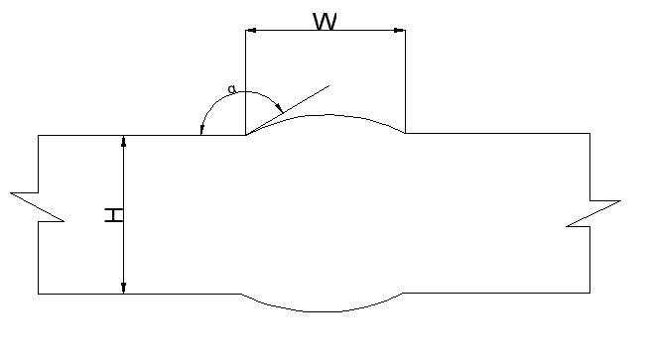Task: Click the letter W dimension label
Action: pyautogui.click(x=325, y=22)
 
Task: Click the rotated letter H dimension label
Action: pyautogui.click(x=114, y=215)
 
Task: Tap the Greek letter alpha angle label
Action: pyautogui.click(x=232, y=89)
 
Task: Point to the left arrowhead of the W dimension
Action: pyautogui.click(x=251, y=30)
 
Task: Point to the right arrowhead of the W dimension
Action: pyautogui.click(x=400, y=30)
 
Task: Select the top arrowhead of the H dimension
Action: pyautogui.click(x=123, y=141)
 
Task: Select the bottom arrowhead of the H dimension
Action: pyautogui.click(x=123, y=288)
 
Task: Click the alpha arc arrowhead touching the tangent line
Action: pyautogui.click(x=280, y=108)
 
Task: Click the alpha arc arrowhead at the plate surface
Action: pyautogui.click(x=201, y=129)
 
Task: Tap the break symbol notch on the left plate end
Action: pyautogui.click(x=38, y=207)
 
